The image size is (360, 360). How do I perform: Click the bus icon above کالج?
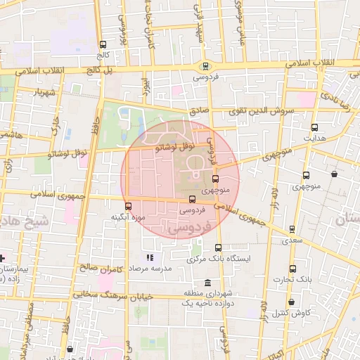(104, 44)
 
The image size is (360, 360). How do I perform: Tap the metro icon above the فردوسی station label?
(205, 67)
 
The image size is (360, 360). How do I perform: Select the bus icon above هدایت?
(314, 127)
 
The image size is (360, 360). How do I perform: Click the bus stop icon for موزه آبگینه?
(128, 206)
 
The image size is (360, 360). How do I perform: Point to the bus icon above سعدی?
(292, 229)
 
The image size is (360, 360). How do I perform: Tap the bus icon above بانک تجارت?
(292, 269)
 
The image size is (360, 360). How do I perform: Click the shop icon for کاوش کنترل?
(311, 303)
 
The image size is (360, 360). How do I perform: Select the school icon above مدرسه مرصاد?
(149, 257)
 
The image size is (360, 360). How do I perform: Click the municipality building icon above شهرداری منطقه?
(206, 283)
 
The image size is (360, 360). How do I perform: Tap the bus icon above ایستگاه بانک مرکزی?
(218, 247)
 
